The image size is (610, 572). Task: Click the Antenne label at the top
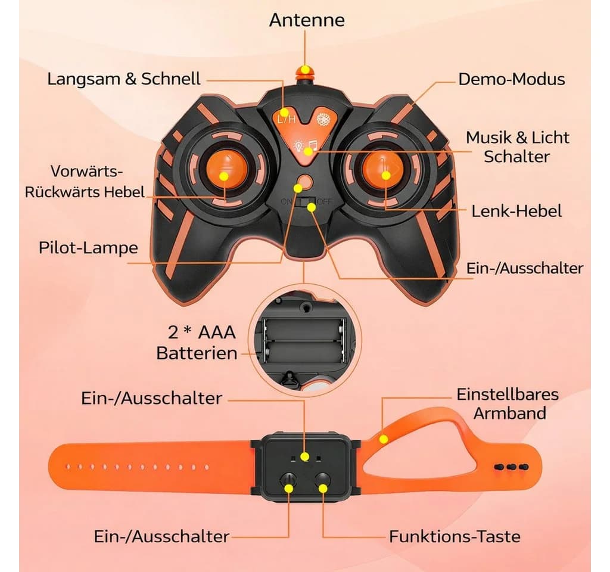click(x=307, y=20)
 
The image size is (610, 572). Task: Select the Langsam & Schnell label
click(x=124, y=79)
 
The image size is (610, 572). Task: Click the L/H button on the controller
click(x=287, y=119)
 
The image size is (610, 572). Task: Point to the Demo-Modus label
click(x=511, y=79)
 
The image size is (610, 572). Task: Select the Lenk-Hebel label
click(x=516, y=212)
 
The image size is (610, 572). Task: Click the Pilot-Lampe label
click(x=88, y=248)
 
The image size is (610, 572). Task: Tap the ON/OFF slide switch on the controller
click(x=306, y=201)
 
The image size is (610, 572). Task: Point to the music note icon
click(x=312, y=147)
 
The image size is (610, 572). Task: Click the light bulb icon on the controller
click(x=299, y=145)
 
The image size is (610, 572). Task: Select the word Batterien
click(x=197, y=353)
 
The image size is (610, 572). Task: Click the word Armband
click(x=510, y=414)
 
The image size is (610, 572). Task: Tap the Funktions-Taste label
click(x=455, y=537)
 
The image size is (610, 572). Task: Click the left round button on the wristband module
click(x=288, y=481)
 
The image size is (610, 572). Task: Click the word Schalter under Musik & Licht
click(x=516, y=157)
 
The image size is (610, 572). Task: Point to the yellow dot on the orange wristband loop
click(x=384, y=440)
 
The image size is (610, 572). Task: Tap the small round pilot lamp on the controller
click(x=306, y=182)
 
